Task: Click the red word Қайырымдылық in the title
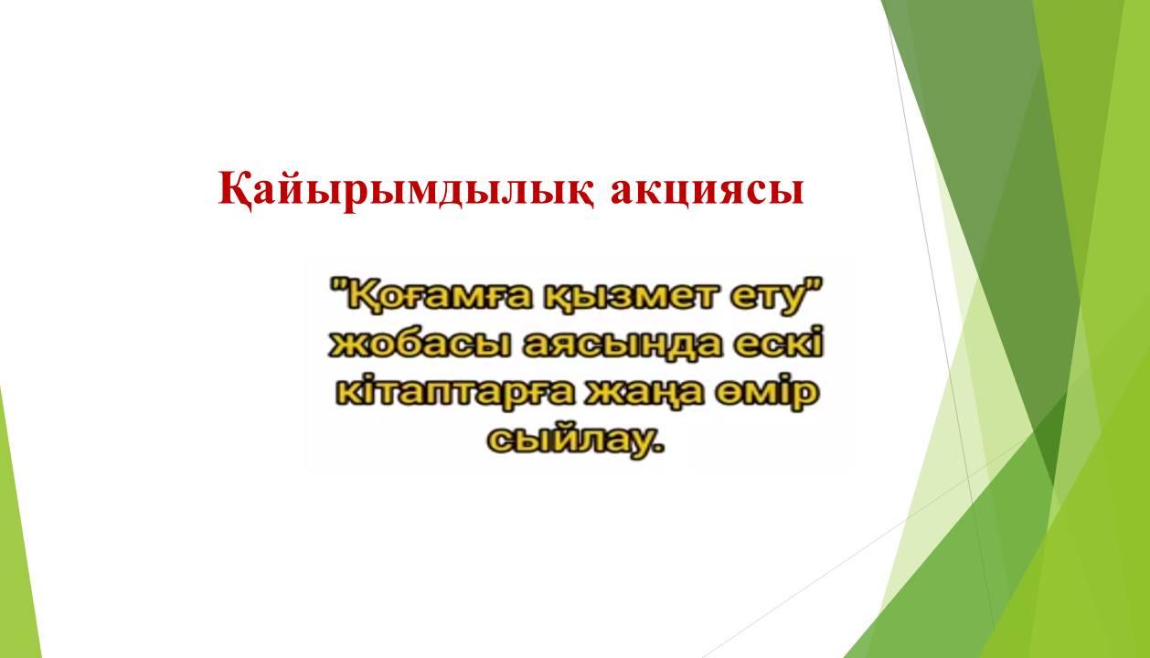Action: (407, 191)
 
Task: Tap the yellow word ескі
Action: (777, 343)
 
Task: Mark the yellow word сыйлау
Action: (570, 439)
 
